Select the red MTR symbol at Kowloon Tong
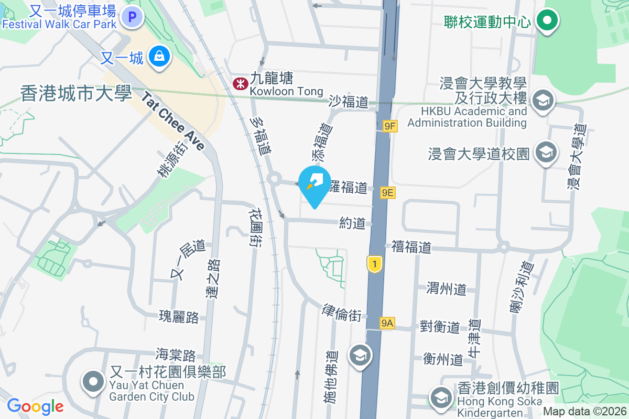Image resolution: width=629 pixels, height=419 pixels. (240, 83)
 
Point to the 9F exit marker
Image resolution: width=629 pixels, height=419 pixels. (390, 126)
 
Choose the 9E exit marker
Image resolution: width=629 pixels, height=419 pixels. (387, 193)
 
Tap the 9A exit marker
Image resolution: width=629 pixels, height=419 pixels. (387, 324)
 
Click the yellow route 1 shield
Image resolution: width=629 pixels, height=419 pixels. (374, 263)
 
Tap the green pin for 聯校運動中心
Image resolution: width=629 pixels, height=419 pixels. (547, 21)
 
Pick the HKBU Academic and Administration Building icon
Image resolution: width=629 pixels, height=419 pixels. (543, 100)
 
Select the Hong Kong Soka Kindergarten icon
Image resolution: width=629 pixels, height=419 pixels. (441, 398)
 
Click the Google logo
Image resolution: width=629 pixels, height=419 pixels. (35, 406)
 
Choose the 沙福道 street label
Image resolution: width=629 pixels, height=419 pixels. (349, 102)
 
